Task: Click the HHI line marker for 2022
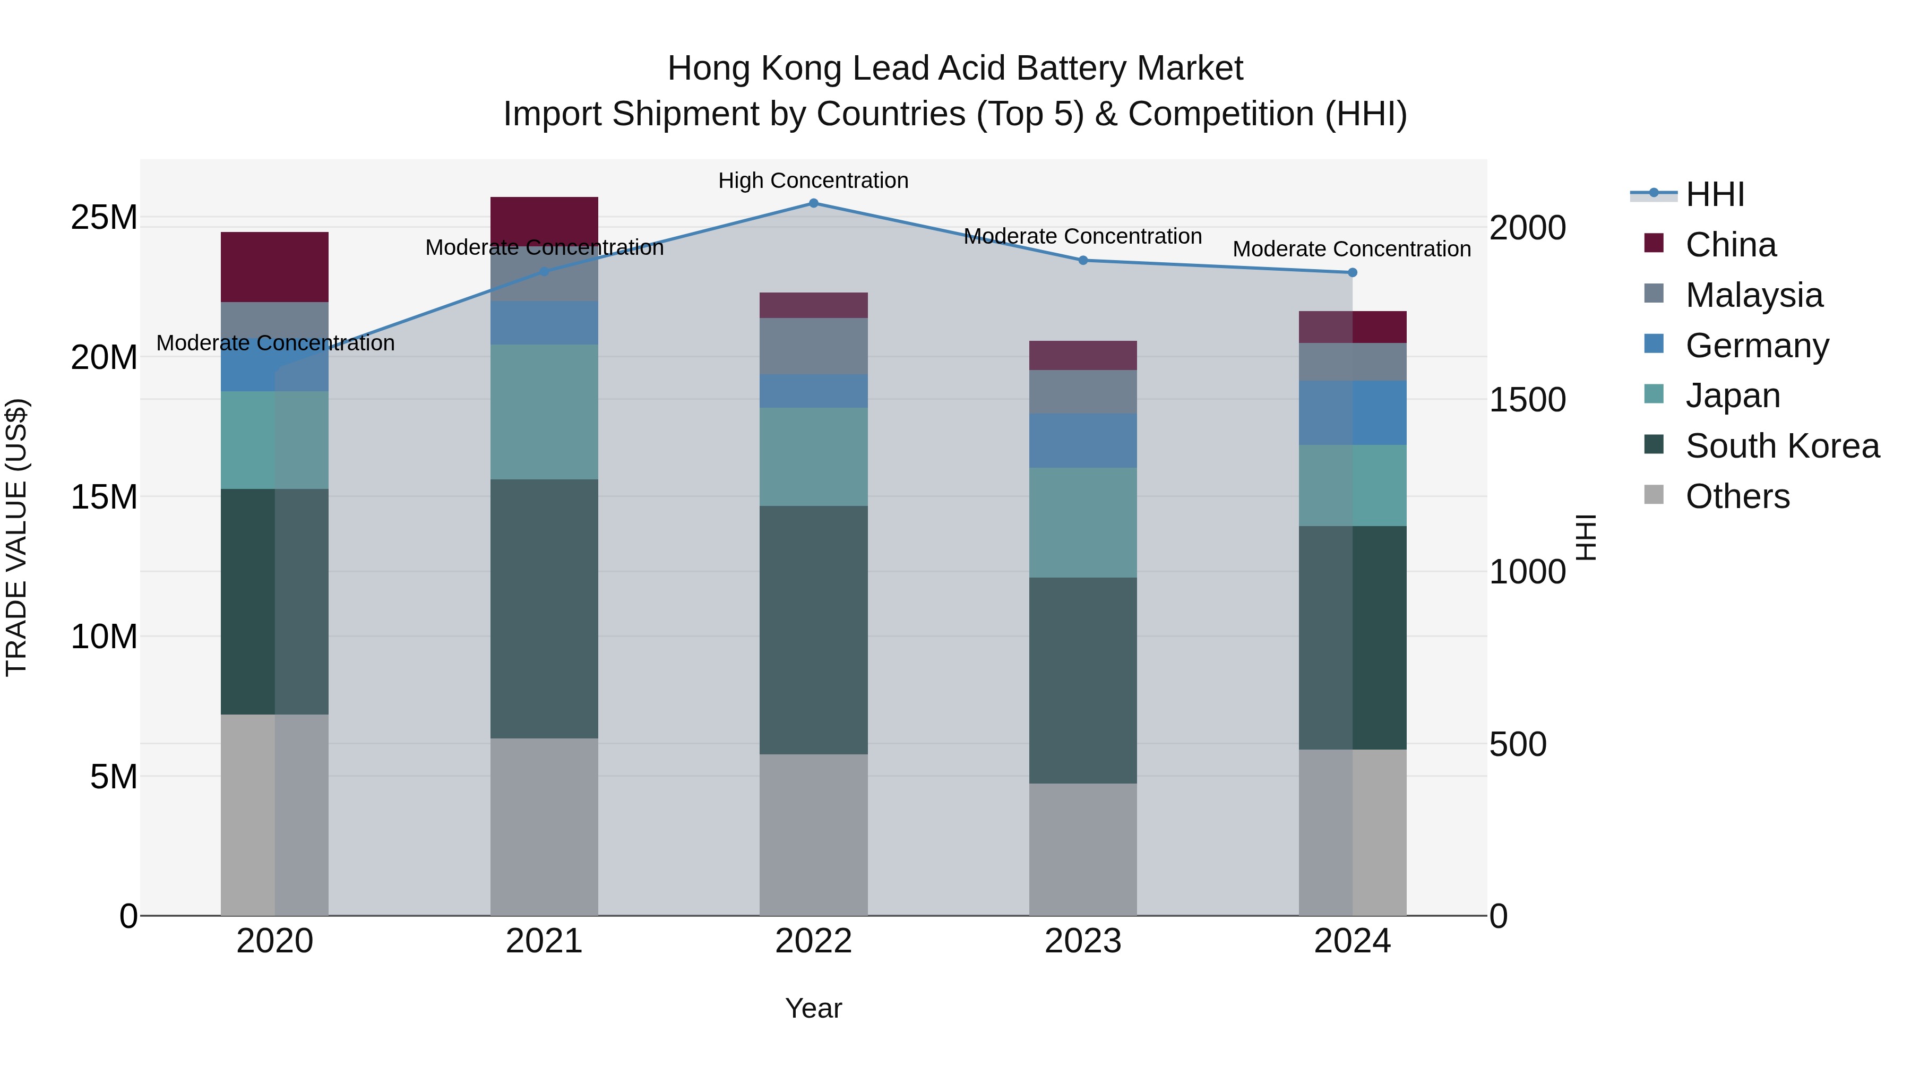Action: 813,203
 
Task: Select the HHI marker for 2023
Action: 1082,261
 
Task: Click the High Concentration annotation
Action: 813,180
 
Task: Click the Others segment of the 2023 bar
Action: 1082,849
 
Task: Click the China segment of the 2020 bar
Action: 274,266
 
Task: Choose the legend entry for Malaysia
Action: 1754,295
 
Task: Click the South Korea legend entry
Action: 1782,446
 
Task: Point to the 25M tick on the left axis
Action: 104,217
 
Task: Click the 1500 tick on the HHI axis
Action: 1527,400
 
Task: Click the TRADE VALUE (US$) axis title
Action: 16,537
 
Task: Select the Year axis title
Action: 813,1008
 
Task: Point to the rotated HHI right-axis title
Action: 1585,537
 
